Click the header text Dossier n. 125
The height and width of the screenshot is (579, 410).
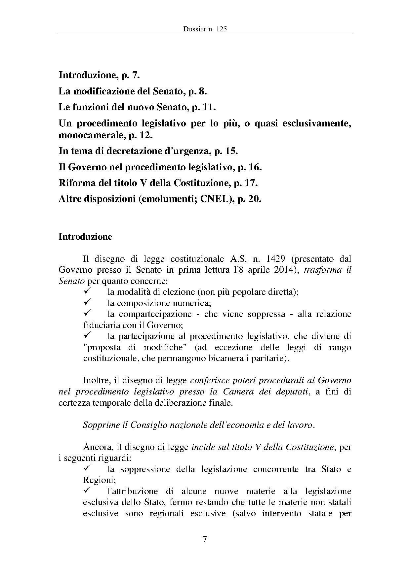(205, 29)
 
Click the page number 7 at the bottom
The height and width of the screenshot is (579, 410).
(205, 539)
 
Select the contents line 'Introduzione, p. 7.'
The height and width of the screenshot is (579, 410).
(100, 75)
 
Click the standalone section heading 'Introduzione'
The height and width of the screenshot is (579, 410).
(85, 237)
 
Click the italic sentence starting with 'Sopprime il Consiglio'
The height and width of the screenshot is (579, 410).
(199, 425)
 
